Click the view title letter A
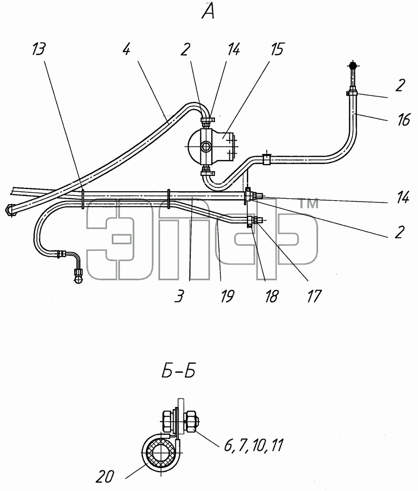coord(208,11)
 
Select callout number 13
coord(39,49)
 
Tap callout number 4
coord(127,49)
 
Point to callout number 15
coord(277,49)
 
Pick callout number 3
coord(179,297)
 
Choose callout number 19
coord(227,297)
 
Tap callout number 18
coord(271,297)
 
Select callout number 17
coord(314,297)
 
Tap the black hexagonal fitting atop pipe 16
coord(353,65)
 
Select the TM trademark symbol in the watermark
coord(308,204)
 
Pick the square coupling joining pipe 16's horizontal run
coord(267,159)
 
